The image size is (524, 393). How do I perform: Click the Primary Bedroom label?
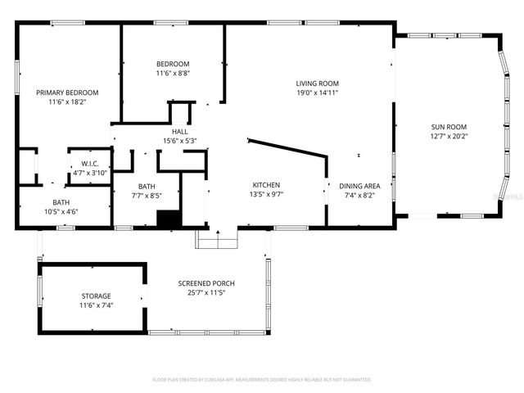pyautogui.click(x=67, y=93)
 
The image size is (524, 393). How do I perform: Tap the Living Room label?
pyautogui.click(x=317, y=84)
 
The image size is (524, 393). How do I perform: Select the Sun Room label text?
pyautogui.click(x=449, y=127)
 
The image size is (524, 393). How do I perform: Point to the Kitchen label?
pyautogui.click(x=266, y=185)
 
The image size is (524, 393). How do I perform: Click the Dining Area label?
pyautogui.click(x=359, y=186)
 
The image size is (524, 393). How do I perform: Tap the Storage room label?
pyautogui.click(x=96, y=296)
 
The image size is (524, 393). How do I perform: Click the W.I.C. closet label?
pyautogui.click(x=89, y=163)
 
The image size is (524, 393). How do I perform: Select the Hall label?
pyautogui.click(x=180, y=132)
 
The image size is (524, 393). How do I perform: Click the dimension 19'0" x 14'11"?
pyautogui.click(x=317, y=93)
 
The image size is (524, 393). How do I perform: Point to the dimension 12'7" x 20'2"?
pyautogui.click(x=449, y=137)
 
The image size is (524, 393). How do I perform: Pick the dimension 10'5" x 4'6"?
pyautogui.click(x=61, y=212)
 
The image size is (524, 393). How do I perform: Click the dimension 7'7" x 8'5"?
pyautogui.click(x=147, y=196)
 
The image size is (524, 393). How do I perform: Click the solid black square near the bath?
pyautogui.click(x=169, y=219)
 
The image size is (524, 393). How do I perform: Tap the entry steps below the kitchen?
pyautogui.click(x=217, y=238)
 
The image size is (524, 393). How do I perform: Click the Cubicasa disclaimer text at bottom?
pyautogui.click(x=262, y=380)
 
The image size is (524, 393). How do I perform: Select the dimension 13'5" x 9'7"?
pyautogui.click(x=266, y=195)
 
